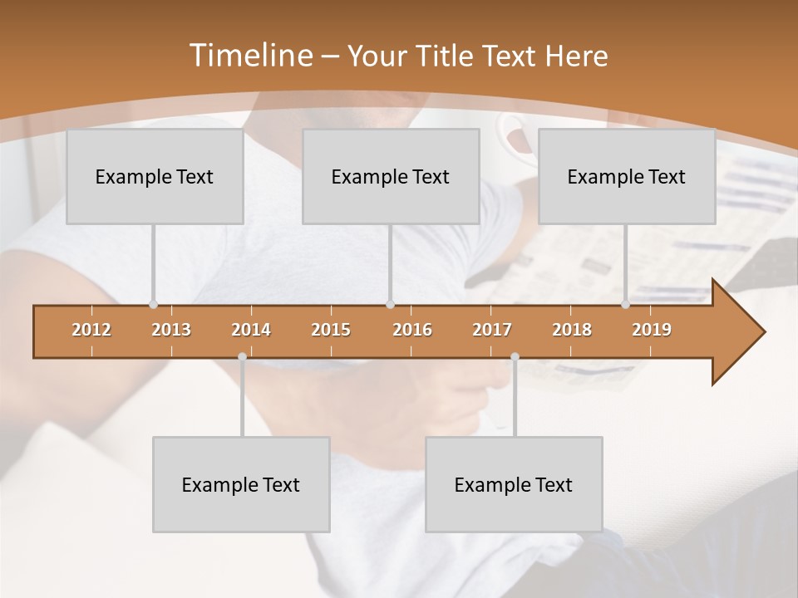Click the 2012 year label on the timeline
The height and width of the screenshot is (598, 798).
91,330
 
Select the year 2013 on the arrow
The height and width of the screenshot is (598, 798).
171,330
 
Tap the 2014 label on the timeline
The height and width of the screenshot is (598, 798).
251,330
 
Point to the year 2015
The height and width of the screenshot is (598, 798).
331,330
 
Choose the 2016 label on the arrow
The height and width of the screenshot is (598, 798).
412,330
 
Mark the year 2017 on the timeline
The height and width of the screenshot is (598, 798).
492,330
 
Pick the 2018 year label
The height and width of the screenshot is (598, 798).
572,330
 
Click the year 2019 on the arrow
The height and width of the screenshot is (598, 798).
652,330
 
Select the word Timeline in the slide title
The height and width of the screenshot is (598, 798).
249,56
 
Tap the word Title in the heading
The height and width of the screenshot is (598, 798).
447,56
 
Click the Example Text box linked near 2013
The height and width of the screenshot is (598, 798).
155,176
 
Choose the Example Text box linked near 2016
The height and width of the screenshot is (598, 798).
391,176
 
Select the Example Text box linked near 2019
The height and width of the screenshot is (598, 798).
627,176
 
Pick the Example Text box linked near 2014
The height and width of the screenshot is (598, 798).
241,484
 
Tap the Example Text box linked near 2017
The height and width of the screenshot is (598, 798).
514,484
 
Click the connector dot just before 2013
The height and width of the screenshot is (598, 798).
153,305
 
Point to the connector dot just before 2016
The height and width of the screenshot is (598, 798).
390,305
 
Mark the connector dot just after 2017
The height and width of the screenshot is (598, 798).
515,357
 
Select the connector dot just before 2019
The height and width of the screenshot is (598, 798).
625,305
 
